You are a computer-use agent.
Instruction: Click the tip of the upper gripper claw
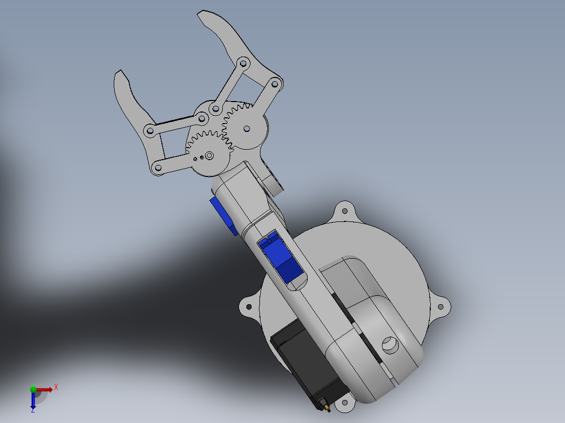click(201, 15)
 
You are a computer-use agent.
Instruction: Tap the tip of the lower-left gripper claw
click(119, 73)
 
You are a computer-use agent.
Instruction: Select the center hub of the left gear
click(209, 155)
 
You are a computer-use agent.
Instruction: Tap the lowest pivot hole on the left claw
click(157, 169)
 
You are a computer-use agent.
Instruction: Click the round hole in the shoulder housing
click(390, 344)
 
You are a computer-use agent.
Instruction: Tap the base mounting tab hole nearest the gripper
click(345, 211)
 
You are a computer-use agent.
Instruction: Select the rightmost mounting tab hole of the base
click(441, 307)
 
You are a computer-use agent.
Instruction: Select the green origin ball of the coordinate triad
click(33, 389)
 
